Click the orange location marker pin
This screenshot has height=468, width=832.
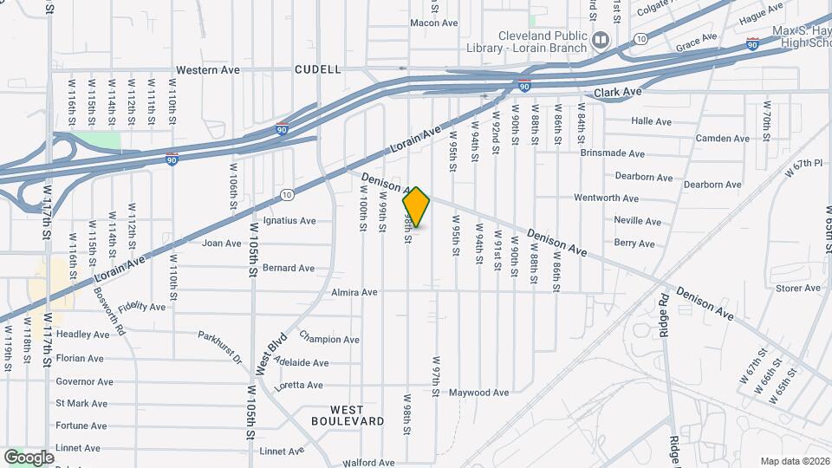pyautogui.click(x=416, y=206)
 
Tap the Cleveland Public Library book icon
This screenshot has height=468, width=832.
pyautogui.click(x=600, y=40)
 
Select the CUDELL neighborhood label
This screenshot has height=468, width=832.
pyautogui.click(x=317, y=69)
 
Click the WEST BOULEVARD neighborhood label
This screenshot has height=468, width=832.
pyautogui.click(x=348, y=415)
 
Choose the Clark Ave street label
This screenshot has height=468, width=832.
pyautogui.click(x=617, y=92)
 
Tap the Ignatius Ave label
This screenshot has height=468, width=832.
pyautogui.click(x=289, y=221)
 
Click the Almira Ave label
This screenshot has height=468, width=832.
pyautogui.click(x=354, y=293)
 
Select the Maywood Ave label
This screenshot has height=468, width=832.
pyautogui.click(x=478, y=393)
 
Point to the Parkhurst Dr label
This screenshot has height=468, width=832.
pyautogui.click(x=219, y=347)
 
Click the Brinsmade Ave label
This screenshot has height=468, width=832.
pyautogui.click(x=613, y=154)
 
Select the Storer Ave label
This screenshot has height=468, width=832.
pyautogui.click(x=775, y=289)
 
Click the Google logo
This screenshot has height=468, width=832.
pyautogui.click(x=29, y=457)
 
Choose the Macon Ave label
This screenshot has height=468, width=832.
pyautogui.click(x=433, y=23)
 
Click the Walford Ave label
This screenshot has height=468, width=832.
pyautogui.click(x=368, y=464)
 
